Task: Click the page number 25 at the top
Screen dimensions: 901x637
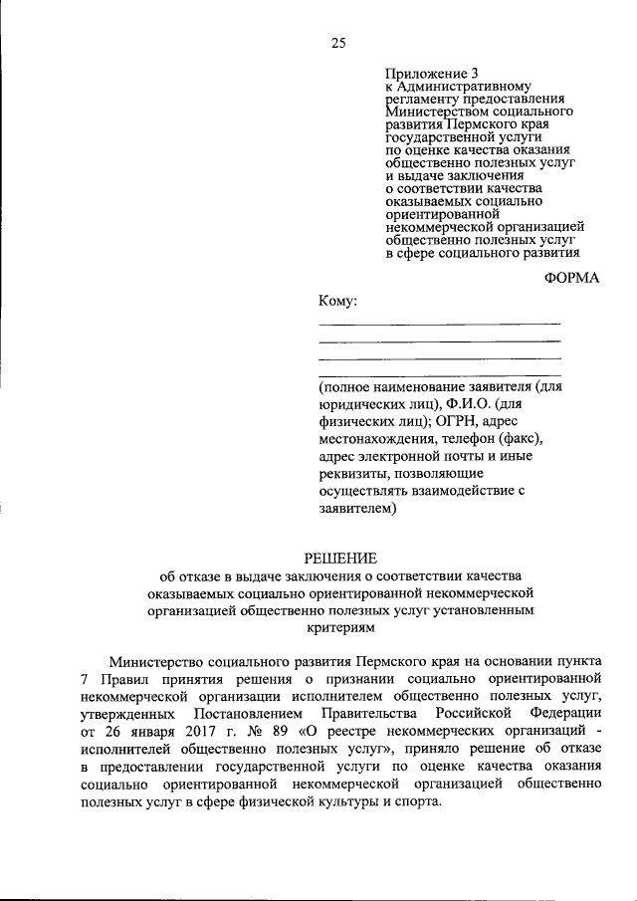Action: pos(338,42)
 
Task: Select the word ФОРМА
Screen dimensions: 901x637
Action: pos(572,278)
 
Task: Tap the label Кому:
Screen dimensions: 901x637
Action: pos(337,301)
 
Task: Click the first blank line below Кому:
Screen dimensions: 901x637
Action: pos(439,324)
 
